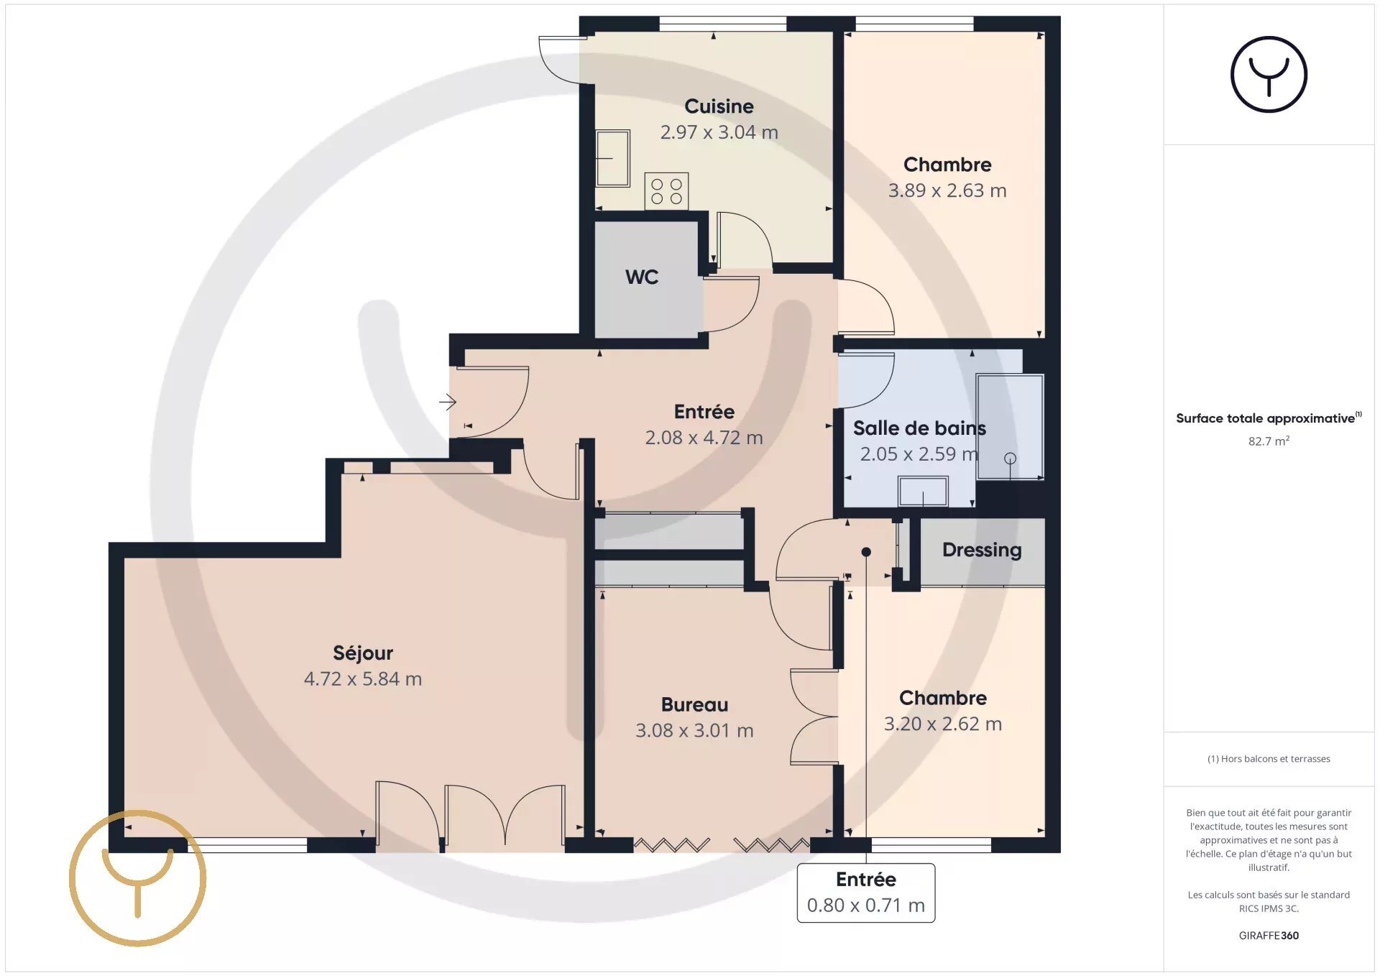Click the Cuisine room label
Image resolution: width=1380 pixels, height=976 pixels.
click(x=719, y=106)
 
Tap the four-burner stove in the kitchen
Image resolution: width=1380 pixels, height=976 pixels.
click(x=666, y=191)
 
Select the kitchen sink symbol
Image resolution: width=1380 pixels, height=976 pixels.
click(x=613, y=158)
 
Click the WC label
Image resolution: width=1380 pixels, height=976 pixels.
click(x=642, y=277)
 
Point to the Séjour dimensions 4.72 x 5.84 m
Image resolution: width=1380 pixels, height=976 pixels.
click(x=363, y=678)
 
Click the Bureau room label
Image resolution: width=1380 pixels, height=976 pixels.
click(x=694, y=704)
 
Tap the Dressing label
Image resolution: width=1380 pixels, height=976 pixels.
click(x=982, y=550)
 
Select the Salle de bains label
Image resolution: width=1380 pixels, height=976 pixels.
click(x=919, y=428)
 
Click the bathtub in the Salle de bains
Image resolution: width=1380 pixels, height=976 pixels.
click(x=1010, y=427)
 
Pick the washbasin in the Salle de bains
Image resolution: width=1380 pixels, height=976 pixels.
click(x=923, y=492)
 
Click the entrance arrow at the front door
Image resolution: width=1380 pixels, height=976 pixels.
click(x=448, y=402)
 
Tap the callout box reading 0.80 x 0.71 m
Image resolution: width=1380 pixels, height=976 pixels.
click(x=866, y=893)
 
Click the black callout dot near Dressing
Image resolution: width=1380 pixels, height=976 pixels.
click(x=866, y=552)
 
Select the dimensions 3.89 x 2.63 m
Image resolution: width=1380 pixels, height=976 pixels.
click(x=947, y=190)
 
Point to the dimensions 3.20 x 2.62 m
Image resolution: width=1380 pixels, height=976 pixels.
click(x=943, y=724)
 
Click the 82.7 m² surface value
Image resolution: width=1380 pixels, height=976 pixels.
click(x=1269, y=441)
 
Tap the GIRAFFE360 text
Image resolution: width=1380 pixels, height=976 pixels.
click(x=1269, y=935)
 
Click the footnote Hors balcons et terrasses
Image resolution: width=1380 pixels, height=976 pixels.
click(x=1269, y=758)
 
